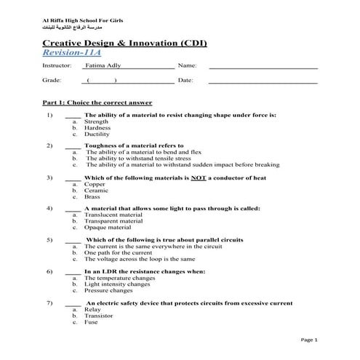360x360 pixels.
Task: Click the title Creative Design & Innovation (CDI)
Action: pyautogui.click(x=124, y=44)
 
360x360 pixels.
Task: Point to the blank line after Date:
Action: pyautogui.click(x=263, y=81)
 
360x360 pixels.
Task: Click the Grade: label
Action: pyautogui.click(x=52, y=80)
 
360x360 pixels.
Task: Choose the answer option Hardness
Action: pyautogui.click(x=97, y=128)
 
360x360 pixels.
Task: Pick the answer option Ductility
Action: pyautogui.click(x=97, y=135)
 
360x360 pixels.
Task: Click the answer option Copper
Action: pyautogui.click(x=95, y=185)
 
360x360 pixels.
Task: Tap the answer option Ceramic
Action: pyautogui.click(x=97, y=191)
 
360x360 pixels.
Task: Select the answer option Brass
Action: pyautogui.click(x=92, y=197)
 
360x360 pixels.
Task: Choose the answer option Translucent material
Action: pyautogui.click(x=113, y=215)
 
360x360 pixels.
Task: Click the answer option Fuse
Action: pyautogui.click(x=92, y=321)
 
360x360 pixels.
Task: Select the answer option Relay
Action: pyautogui.click(x=92, y=309)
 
